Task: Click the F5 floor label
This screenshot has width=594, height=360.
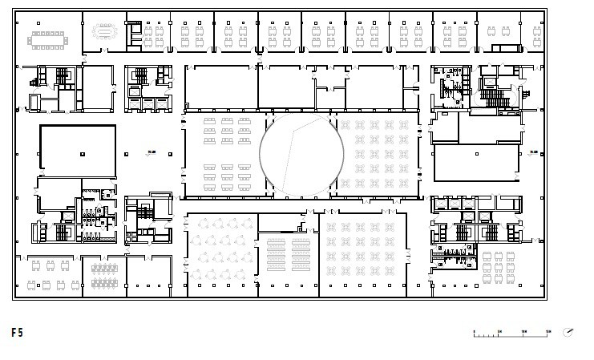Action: (18, 332)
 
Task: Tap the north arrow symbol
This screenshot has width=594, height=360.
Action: (568, 332)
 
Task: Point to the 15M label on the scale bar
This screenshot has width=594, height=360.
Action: (548, 330)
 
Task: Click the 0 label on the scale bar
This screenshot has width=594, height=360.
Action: (474, 330)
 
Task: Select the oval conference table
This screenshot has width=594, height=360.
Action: (104, 32)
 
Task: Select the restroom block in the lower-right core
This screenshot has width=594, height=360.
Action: (453, 257)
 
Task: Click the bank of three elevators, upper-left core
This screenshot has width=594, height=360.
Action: (150, 103)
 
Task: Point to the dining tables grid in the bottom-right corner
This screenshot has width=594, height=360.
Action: (502, 265)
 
